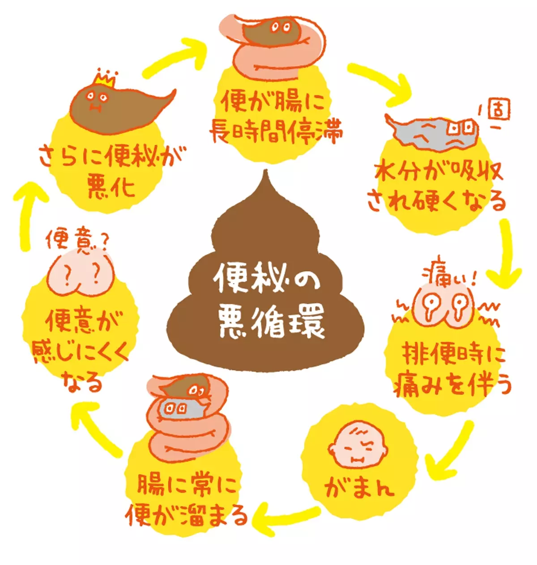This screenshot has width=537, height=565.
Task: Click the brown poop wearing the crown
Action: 121,107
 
